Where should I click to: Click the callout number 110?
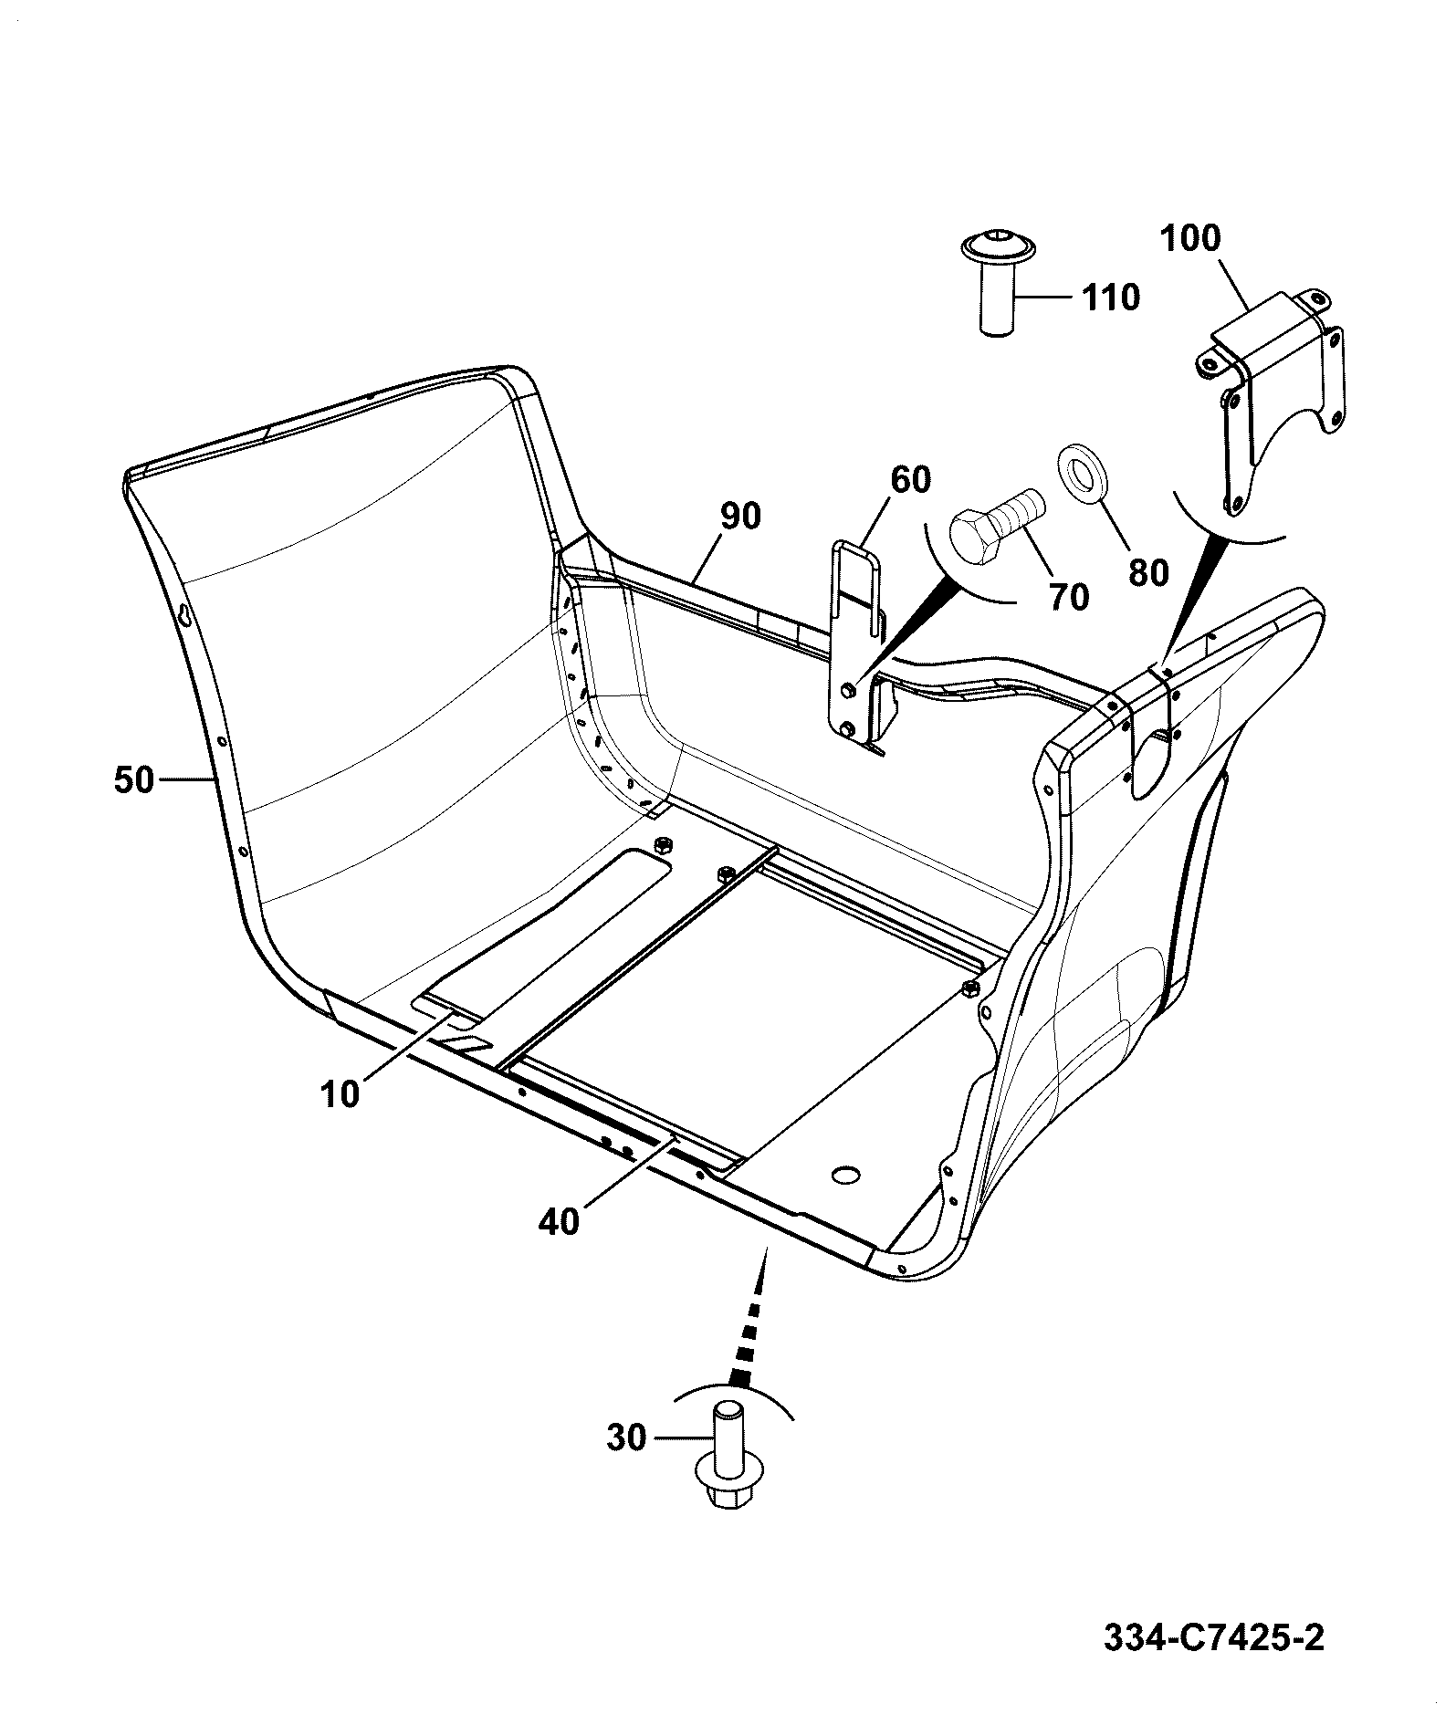point(1111,298)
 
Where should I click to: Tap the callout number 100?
point(1189,238)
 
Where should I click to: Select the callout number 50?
point(134,780)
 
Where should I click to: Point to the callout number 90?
point(739,517)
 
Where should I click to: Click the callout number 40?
point(559,1221)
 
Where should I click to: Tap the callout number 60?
point(910,480)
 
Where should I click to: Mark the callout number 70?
point(1069,597)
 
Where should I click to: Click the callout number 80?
point(1148,573)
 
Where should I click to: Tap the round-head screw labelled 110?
point(999,284)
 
